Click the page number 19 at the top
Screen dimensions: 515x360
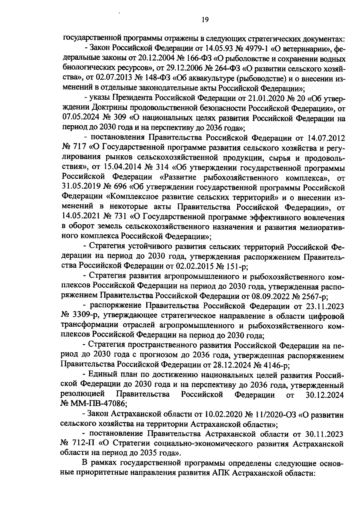(205, 20)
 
